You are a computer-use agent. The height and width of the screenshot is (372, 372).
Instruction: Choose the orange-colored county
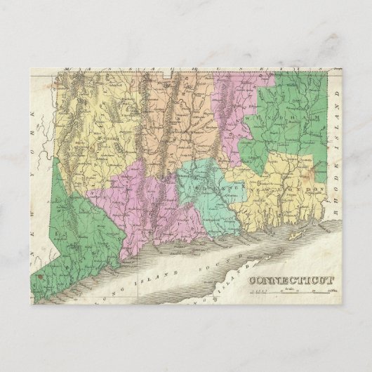175,119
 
